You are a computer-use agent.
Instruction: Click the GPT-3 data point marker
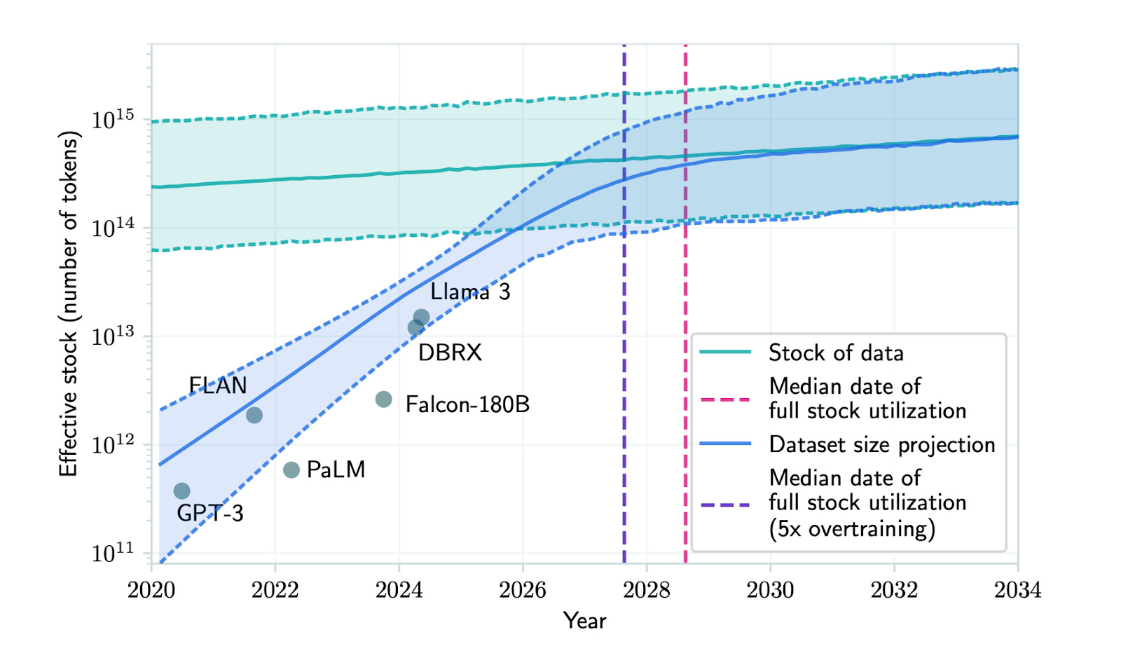click(181, 491)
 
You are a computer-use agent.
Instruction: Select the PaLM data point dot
click(291, 469)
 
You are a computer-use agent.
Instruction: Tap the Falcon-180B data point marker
click(383, 399)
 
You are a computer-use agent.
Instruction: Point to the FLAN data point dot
click(254, 415)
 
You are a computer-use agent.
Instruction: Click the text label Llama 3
click(470, 292)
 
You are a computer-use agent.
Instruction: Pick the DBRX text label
click(450, 352)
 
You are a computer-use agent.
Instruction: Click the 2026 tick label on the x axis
click(523, 590)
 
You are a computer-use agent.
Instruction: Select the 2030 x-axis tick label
click(770, 590)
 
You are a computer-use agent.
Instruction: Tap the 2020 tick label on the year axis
click(151, 590)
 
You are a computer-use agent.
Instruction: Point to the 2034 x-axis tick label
click(1017, 590)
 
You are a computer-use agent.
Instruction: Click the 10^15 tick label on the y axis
click(113, 120)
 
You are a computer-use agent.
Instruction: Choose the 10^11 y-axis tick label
click(113, 553)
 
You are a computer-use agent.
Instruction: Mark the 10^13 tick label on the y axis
click(113, 336)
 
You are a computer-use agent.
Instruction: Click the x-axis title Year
click(584, 621)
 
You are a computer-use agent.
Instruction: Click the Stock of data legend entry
click(836, 352)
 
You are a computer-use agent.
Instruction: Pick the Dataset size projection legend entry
click(881, 444)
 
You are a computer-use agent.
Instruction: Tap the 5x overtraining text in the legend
click(852, 528)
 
